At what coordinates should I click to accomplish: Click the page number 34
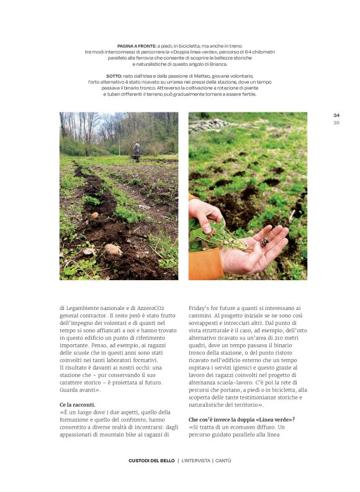[336, 115]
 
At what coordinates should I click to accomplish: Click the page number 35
[336, 122]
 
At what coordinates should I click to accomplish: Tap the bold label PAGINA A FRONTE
[136, 46]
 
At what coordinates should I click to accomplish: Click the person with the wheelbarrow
[136, 150]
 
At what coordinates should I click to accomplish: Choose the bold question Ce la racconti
[78, 404]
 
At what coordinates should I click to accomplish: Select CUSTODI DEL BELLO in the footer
[151, 460]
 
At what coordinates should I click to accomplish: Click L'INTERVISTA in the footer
[196, 460]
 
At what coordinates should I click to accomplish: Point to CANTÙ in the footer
[223, 460]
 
